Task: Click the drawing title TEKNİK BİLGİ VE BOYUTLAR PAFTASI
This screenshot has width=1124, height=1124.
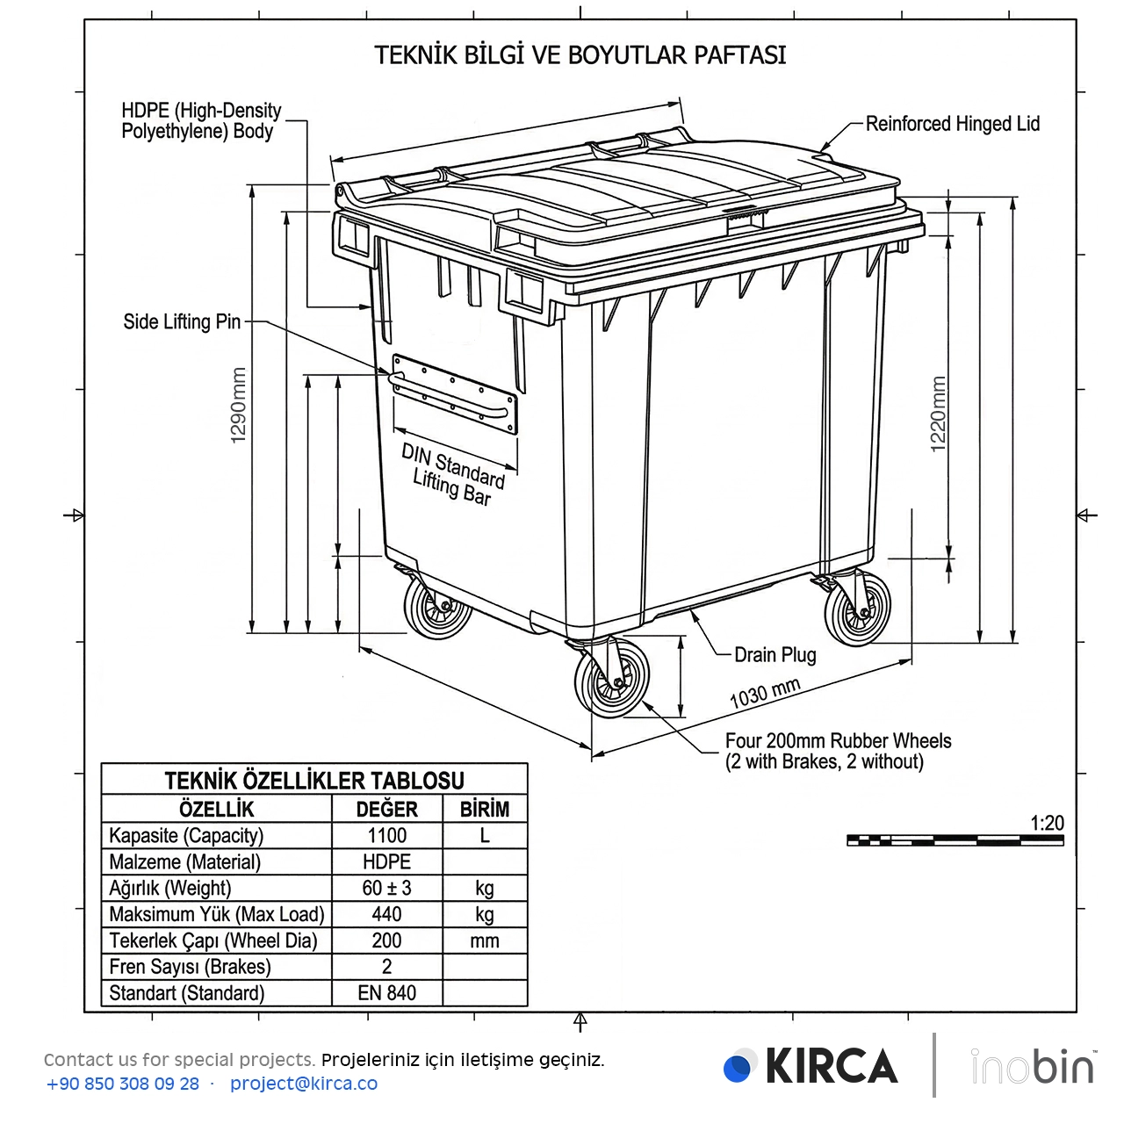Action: coord(580,55)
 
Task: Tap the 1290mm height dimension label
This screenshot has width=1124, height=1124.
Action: coord(239,405)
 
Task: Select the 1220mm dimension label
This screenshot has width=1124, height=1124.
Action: coord(938,414)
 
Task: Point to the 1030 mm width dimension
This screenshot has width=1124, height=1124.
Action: coord(765,693)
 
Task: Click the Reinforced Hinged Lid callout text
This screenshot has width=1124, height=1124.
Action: coord(952,124)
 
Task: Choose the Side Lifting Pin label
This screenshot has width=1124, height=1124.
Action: coord(182,321)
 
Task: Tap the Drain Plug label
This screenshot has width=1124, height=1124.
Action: coord(775,655)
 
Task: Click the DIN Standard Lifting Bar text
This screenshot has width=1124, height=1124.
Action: coord(453,474)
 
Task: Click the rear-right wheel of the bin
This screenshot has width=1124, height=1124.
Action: coord(857,608)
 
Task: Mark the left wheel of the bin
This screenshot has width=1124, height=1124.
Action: coord(436,607)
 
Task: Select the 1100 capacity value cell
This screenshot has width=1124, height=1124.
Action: coord(386,835)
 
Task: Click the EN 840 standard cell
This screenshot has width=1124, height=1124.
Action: coord(386,993)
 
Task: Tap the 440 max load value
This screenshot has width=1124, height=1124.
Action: coord(386,914)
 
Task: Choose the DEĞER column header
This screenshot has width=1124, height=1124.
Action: coord(386,809)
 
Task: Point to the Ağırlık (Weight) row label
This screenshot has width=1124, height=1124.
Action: coord(170,888)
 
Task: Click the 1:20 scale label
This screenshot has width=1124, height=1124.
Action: coord(1047,823)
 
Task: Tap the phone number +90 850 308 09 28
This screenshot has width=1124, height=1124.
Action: coord(123,1084)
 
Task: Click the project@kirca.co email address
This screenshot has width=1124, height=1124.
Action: coord(304,1084)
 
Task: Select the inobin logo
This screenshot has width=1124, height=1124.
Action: coord(1033,1066)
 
